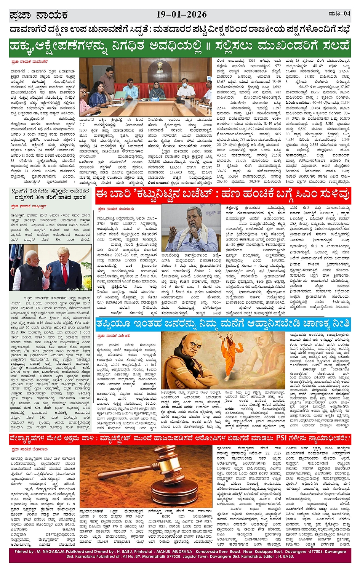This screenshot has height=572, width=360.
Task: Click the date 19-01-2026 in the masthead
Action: tap(181, 15)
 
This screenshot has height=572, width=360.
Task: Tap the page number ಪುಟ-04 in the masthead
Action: tap(339, 14)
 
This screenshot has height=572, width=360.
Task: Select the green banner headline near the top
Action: tap(180, 46)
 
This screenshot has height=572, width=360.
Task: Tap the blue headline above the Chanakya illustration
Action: tap(223, 323)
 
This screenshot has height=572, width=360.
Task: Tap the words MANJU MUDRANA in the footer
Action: tap(176, 551)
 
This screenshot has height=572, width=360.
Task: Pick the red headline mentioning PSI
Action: tap(180, 439)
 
